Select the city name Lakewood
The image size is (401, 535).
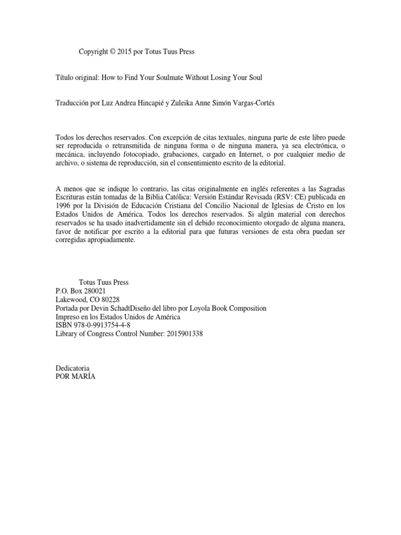coord(72,299)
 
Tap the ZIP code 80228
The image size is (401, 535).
coord(110,299)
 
